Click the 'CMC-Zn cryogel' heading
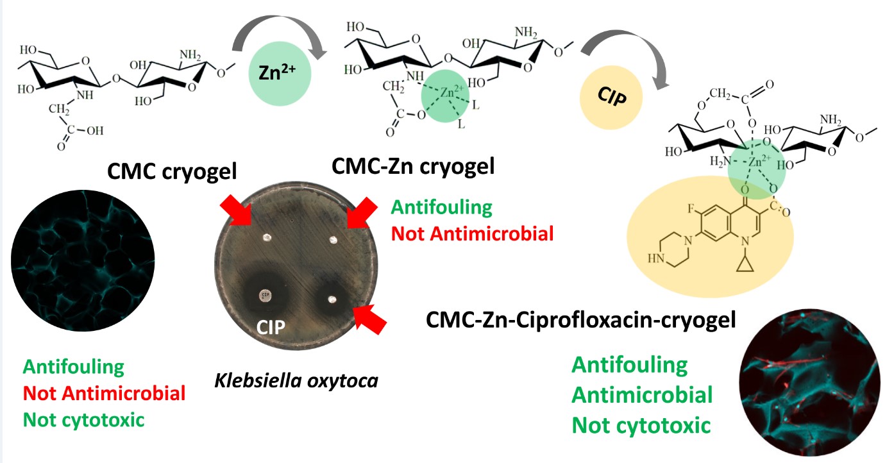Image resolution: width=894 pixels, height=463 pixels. (412, 168)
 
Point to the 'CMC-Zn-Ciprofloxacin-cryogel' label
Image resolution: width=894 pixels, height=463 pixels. (581, 319)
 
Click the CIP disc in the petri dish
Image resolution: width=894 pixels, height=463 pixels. (265, 294)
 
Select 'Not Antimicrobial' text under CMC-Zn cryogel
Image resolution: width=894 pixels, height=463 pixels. (472, 233)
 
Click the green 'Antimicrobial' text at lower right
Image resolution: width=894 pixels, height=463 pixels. (641, 395)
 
